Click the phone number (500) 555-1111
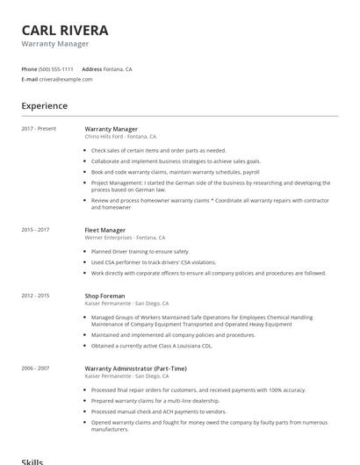[x=56, y=68]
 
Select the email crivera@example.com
[x=65, y=79]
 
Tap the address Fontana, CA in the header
[x=119, y=68]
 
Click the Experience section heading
[x=45, y=106]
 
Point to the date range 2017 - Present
[x=39, y=129]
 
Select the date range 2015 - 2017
[x=35, y=230]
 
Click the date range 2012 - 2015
[x=35, y=297]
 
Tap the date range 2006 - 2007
[x=35, y=368]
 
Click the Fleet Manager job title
[x=105, y=230]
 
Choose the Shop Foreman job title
[x=104, y=297]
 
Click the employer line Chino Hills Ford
[x=120, y=137]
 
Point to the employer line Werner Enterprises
[x=125, y=238]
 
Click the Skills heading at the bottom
[x=32, y=460]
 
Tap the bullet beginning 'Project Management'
[x=211, y=187]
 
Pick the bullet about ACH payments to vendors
[x=158, y=411]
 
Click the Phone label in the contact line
[x=30, y=68]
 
